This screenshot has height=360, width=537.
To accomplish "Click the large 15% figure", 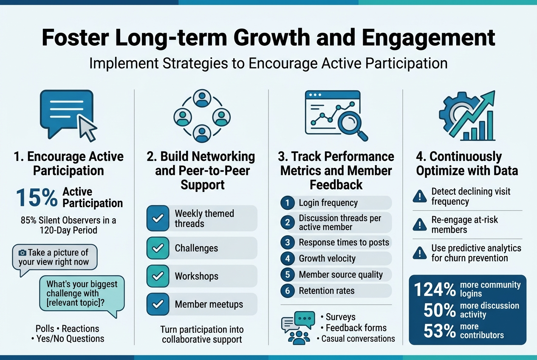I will [37, 198].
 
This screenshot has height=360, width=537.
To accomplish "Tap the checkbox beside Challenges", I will [158, 248].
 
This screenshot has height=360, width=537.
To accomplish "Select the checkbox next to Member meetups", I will [158, 304].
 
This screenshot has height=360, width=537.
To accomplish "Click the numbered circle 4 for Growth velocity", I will [288, 259].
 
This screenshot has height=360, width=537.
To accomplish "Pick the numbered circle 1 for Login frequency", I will [288, 203].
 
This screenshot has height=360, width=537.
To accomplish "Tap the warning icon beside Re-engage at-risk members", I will [420, 225].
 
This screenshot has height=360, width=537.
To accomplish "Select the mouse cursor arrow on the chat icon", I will [88, 129].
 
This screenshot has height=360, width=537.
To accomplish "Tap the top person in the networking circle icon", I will [202, 98].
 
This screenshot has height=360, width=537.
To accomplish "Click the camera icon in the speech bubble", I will [23, 253].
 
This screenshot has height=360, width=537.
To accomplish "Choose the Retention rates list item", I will [326, 291].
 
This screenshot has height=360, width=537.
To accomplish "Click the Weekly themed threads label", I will [204, 218].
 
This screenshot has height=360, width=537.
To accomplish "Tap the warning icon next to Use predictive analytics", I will [420, 253].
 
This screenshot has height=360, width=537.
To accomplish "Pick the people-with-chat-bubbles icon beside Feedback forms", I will [298, 327].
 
